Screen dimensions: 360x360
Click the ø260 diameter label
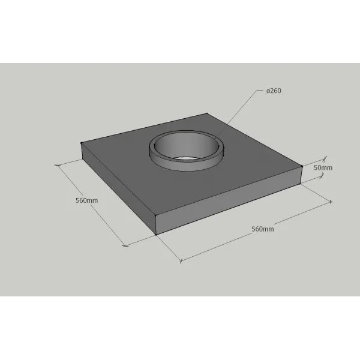click(274, 91)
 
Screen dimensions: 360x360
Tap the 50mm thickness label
click(323, 168)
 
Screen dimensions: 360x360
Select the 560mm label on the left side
click(87, 200)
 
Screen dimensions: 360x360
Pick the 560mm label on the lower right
click(263, 229)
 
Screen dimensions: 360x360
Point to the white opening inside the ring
click(186, 158)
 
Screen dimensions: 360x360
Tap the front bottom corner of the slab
click(156, 235)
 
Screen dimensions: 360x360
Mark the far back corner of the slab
click(206, 113)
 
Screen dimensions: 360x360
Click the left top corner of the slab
click(81, 143)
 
